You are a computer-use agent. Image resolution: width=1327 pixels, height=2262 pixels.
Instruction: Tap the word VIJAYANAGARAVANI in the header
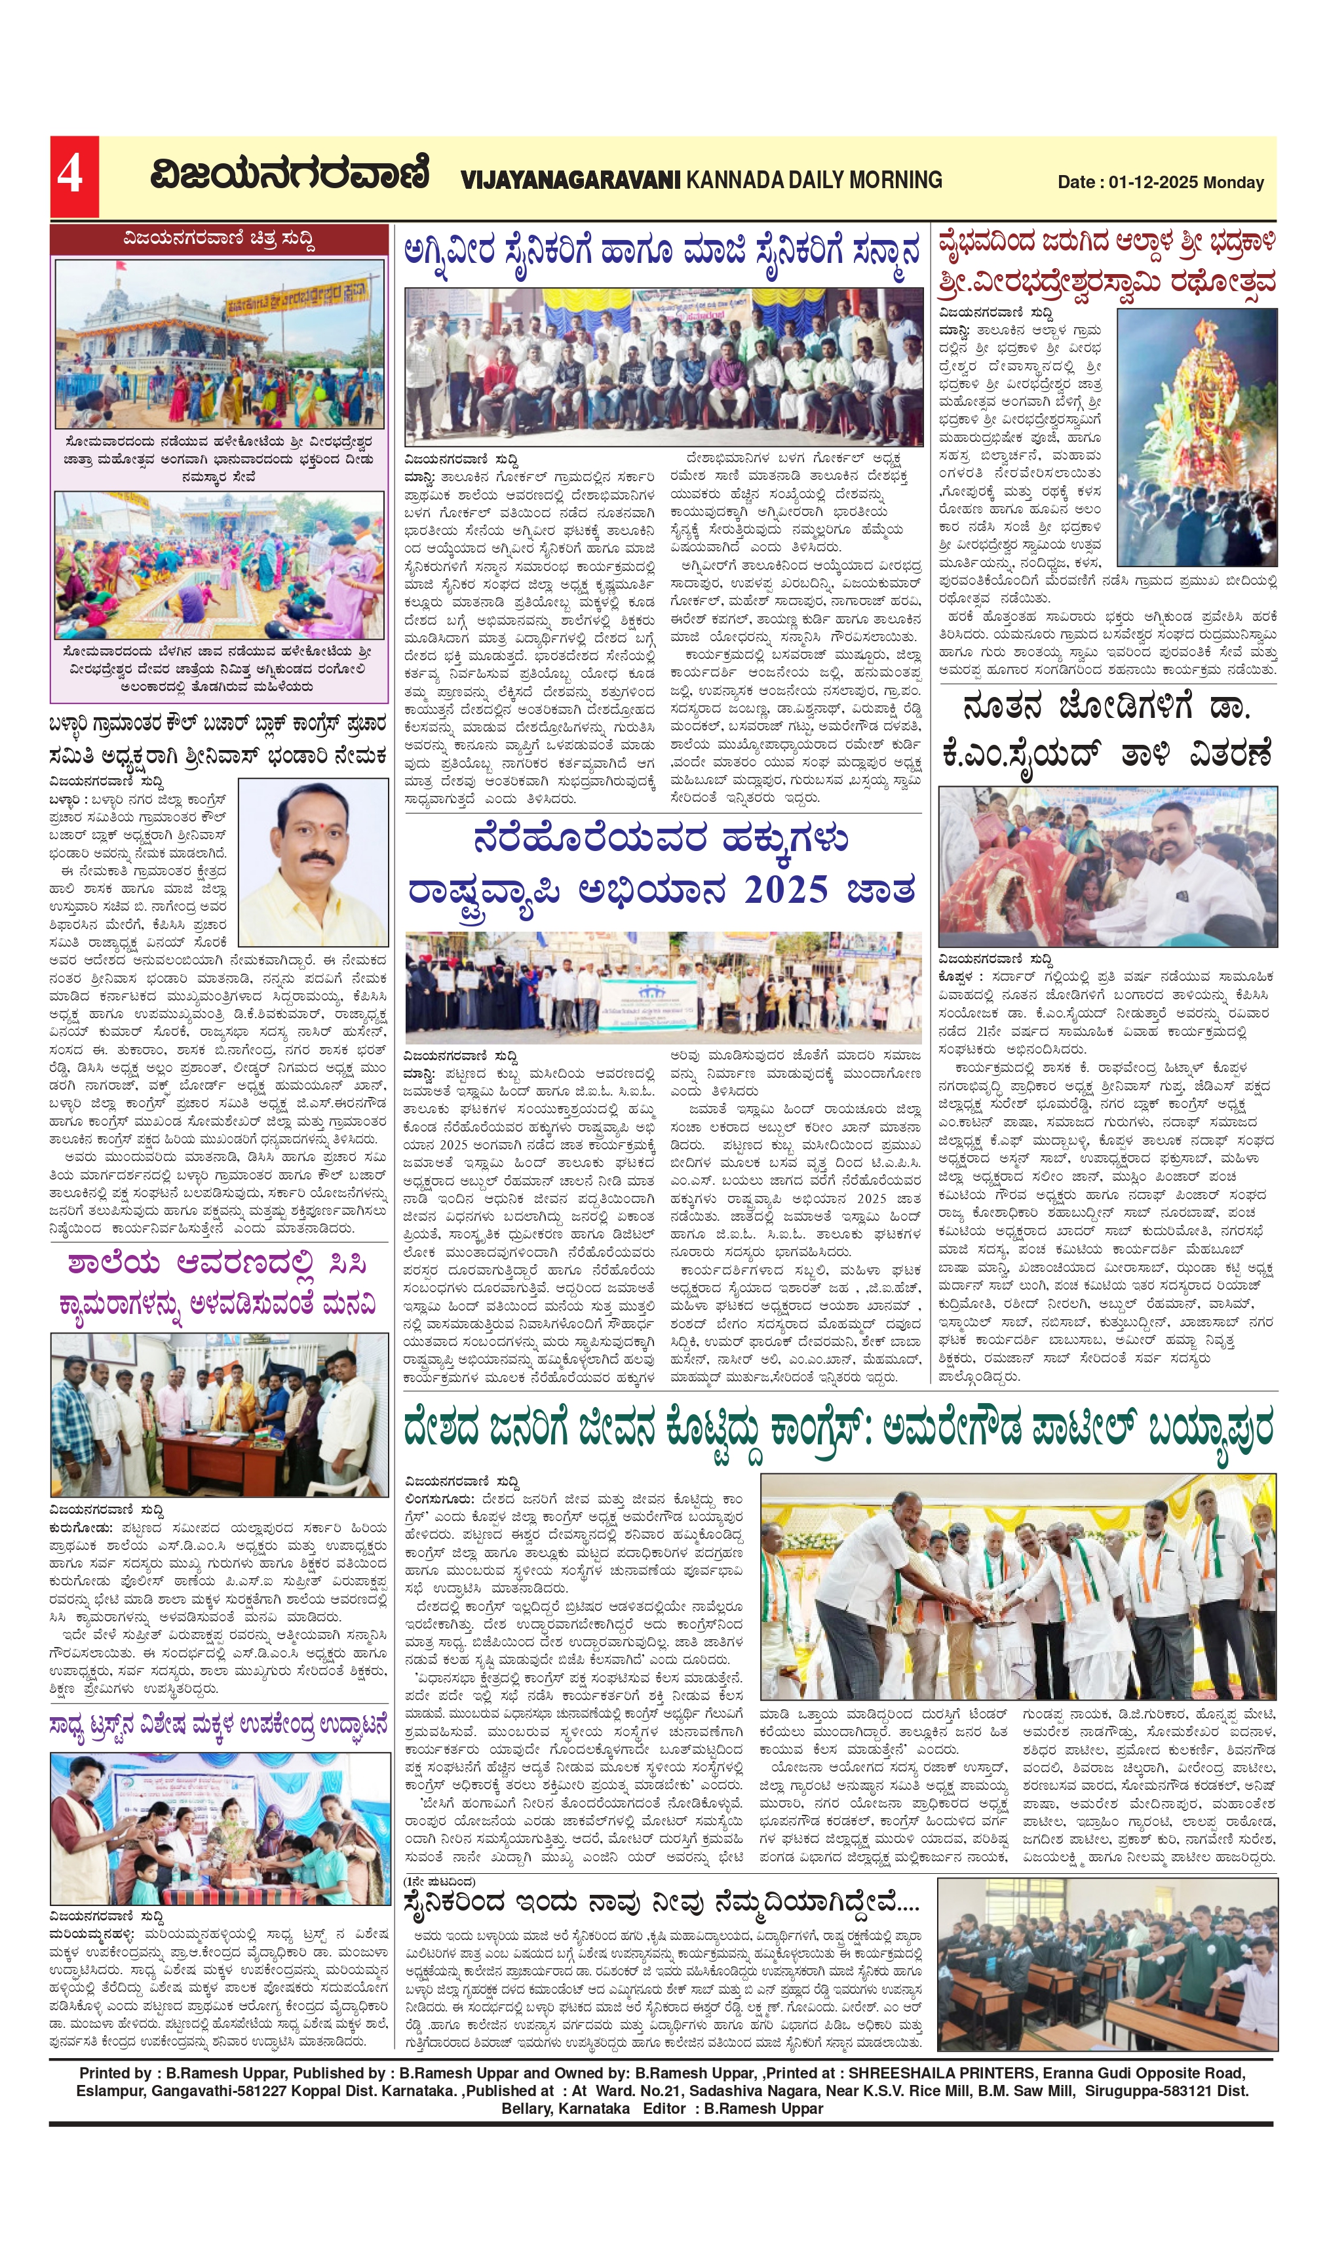571,180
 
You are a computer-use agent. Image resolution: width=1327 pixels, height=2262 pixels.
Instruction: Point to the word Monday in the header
1233,182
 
